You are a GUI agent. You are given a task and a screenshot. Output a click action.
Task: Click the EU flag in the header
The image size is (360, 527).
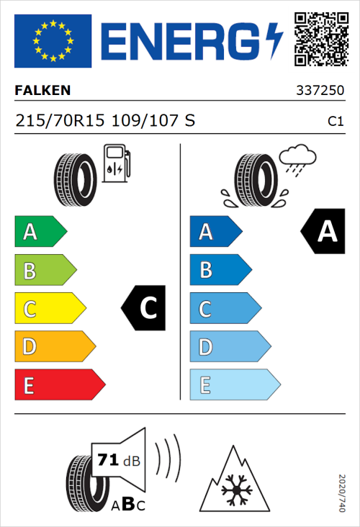(53, 41)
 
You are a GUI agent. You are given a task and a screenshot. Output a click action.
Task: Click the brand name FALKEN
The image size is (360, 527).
(42, 91)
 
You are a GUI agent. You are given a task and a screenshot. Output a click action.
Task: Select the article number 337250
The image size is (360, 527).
(319, 91)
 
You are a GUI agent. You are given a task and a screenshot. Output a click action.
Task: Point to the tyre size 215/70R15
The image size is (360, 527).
(62, 121)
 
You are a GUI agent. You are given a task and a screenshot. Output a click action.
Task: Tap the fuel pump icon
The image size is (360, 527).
(116, 163)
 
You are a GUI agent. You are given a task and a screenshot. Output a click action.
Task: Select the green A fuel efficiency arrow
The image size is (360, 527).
(40, 232)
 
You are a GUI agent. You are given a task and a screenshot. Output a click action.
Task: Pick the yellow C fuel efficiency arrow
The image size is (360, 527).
(50, 309)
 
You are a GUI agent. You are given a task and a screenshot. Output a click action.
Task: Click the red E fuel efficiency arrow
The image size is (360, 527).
(59, 385)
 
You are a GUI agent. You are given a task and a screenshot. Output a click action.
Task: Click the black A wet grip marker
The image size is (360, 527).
(322, 232)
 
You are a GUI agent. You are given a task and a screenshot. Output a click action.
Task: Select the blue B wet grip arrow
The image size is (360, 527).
(220, 271)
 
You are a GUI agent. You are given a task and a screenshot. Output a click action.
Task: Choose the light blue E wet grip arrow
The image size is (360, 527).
(234, 385)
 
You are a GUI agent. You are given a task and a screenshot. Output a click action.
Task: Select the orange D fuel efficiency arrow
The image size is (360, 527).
(55, 347)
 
